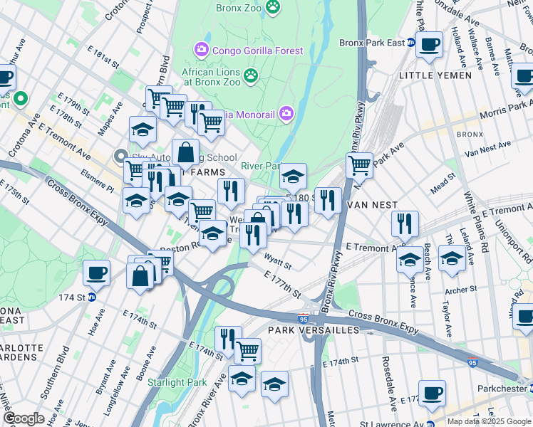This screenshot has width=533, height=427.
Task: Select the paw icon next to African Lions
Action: point(251,75)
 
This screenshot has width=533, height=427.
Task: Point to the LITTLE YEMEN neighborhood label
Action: point(435,75)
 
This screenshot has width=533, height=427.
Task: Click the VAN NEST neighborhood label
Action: point(371,205)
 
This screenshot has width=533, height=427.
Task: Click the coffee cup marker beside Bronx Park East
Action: point(429,45)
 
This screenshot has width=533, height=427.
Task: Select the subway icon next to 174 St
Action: point(91,297)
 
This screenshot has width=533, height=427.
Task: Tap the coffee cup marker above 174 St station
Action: point(96,273)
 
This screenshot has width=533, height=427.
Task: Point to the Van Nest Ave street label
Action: point(487,149)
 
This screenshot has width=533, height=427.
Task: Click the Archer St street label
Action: point(460,290)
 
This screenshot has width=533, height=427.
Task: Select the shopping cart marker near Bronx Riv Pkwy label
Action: point(360,166)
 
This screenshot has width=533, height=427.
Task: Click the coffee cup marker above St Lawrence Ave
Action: point(432,393)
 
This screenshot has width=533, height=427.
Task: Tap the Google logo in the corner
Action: point(24,418)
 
